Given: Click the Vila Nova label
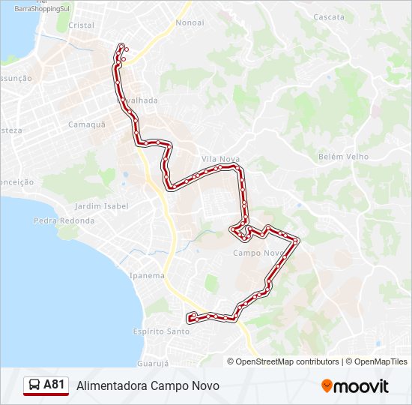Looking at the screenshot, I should (x=220, y=159).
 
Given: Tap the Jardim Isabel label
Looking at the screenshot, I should (x=102, y=205).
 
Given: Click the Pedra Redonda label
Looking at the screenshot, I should (x=64, y=220).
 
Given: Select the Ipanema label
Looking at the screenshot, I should (x=147, y=275).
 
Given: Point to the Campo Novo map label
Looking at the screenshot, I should (x=256, y=253).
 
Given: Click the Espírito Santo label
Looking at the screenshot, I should (x=161, y=331).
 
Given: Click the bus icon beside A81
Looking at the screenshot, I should (x=34, y=385).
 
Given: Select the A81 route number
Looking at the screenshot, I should (x=55, y=385).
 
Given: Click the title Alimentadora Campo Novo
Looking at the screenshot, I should (x=148, y=385).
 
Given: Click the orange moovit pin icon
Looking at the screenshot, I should (x=327, y=385).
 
